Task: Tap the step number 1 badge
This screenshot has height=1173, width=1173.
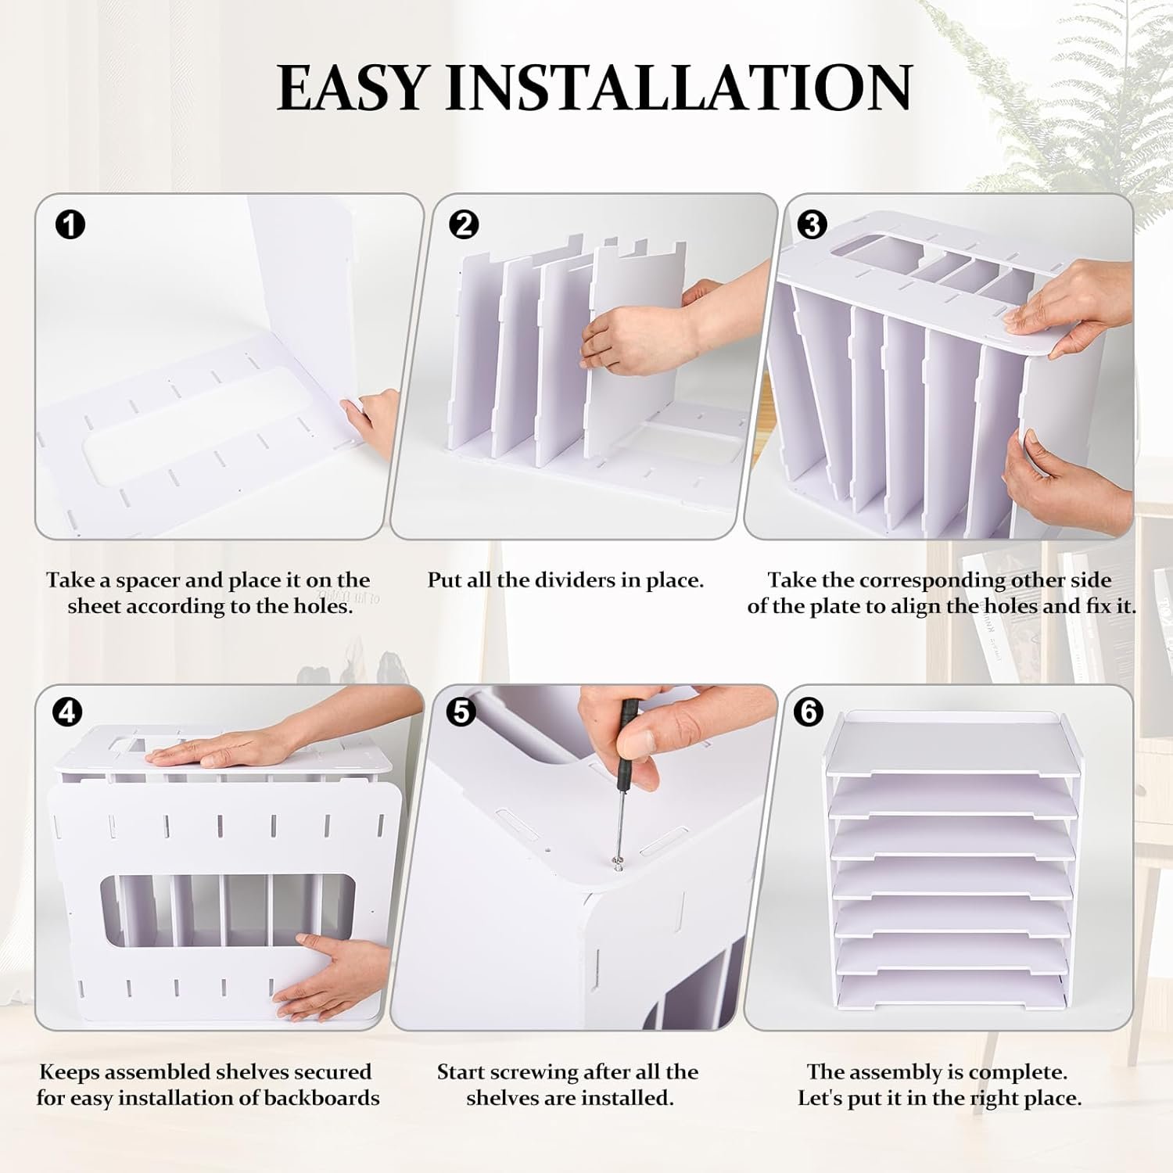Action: click(x=70, y=225)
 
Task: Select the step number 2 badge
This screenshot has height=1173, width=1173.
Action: click(x=464, y=225)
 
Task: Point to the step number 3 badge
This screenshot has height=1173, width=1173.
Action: click(x=811, y=225)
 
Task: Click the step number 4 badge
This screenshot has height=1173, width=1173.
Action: click(x=68, y=712)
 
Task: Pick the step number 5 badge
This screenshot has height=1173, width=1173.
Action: click(x=462, y=712)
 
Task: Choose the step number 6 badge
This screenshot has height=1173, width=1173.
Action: click(x=808, y=712)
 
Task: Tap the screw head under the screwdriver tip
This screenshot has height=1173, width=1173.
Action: click(x=617, y=863)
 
